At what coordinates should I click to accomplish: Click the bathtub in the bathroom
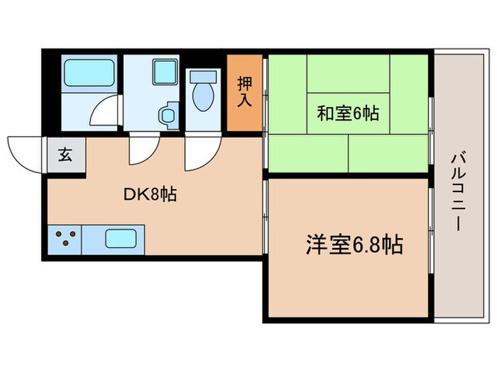click(86, 73)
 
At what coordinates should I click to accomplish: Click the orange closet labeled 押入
click(244, 93)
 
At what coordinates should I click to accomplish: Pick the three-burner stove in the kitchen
click(64, 239)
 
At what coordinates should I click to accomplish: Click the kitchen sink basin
click(120, 238)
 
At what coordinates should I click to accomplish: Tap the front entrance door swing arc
click(25, 152)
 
